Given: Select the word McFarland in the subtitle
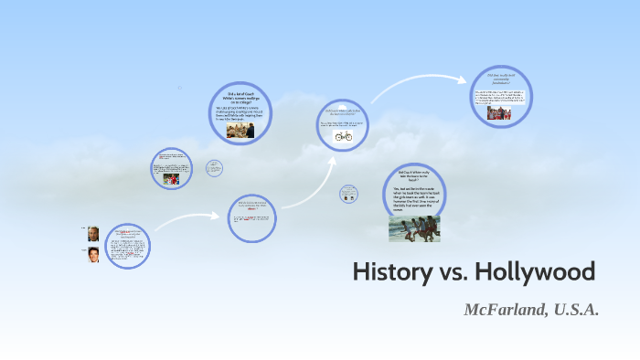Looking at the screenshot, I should [505, 310].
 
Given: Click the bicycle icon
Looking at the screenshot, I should [343, 136].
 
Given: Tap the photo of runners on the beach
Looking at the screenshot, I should [414, 228].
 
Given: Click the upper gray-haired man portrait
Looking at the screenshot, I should [93, 233].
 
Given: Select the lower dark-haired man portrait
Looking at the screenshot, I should [93, 255].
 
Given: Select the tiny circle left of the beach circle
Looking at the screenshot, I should [347, 193].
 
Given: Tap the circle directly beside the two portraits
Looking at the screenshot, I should [128, 246].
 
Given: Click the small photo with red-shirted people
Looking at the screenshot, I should [171, 180].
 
